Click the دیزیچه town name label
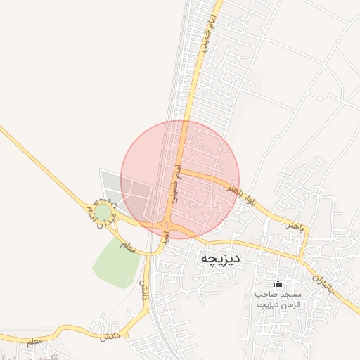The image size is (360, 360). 221,258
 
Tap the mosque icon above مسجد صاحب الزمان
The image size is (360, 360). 278,284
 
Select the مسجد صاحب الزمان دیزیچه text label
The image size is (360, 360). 278,300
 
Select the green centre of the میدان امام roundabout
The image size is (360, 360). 103,212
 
